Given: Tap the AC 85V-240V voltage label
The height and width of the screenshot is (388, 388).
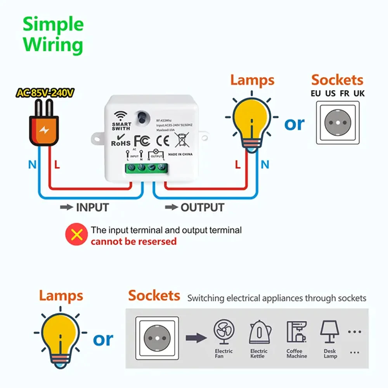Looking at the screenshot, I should (45, 93).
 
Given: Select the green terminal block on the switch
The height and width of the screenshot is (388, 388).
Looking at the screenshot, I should (146, 168).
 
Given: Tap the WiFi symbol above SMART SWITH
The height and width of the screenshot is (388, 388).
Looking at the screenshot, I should (121, 116).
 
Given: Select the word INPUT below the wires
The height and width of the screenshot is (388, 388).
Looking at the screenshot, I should (92, 207).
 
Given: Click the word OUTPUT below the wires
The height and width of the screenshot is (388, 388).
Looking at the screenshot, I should (202, 208).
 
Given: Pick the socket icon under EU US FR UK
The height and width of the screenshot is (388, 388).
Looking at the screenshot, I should (337, 123).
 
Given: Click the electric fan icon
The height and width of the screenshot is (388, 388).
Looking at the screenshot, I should (224, 332).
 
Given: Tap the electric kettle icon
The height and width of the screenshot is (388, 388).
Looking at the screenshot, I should (258, 332).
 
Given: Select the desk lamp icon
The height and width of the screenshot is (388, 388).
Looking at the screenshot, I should (330, 331).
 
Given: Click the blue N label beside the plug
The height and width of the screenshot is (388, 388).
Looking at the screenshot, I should (32, 165).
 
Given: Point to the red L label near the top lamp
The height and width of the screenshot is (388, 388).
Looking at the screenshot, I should (238, 165).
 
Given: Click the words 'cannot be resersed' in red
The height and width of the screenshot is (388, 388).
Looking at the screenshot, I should (133, 242).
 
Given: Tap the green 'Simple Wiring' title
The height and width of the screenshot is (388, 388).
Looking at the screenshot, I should (53, 35).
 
